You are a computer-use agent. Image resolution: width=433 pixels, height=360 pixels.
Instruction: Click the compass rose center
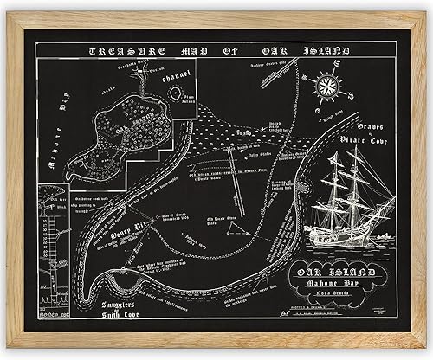tap(328, 85)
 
